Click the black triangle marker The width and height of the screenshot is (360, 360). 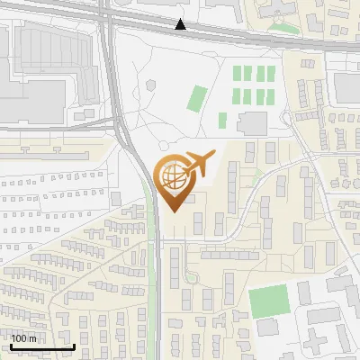coord(182,24)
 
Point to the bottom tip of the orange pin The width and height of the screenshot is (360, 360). coord(172,212)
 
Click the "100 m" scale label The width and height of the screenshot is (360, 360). coord(24,338)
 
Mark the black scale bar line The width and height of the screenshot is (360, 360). coord(41,346)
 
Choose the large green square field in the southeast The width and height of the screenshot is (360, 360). coord(268,301)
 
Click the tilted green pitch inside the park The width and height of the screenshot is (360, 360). coord(196,98)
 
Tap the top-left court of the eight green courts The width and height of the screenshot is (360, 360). coord(238,75)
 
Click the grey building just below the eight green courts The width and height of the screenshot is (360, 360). coord(253,123)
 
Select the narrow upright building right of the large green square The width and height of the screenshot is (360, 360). coord(303,292)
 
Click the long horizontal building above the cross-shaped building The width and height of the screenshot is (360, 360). coord(324,315)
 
